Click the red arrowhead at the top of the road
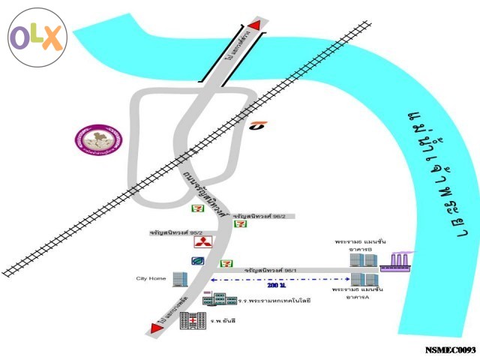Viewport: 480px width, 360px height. (x=255, y=26)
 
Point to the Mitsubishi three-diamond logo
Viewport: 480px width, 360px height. (x=204, y=241)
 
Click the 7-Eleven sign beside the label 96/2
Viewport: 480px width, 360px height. (x=241, y=223)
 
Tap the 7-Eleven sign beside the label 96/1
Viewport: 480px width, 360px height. (x=225, y=263)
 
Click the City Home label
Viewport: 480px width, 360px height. (x=151, y=278)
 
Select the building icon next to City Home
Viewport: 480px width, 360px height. (x=179, y=278)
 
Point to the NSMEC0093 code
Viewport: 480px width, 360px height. (x=450, y=350)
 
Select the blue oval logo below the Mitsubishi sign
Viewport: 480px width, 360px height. (x=199, y=260)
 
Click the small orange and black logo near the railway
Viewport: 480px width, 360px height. (x=259, y=124)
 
